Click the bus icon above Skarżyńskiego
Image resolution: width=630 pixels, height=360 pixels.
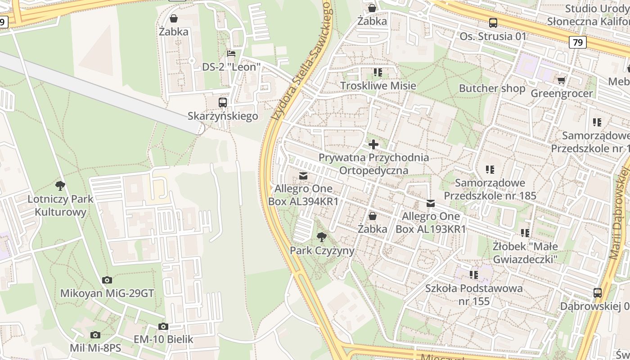pos(223,103)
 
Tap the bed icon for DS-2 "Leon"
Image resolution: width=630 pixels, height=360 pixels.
pos(231,54)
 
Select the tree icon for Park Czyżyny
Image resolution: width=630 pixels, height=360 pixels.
pos(321,237)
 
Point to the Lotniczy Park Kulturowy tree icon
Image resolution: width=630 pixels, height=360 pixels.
pos(60,185)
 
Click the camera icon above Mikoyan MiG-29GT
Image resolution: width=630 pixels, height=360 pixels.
pos(107,280)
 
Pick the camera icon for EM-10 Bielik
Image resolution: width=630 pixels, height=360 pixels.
pos(163,326)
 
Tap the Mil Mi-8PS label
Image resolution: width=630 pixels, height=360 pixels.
pos(95,348)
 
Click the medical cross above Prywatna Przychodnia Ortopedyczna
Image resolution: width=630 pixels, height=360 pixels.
pos(373,144)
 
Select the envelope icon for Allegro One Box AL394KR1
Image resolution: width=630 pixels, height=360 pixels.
pos(303,175)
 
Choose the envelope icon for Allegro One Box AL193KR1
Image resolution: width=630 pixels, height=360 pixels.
pos(431,203)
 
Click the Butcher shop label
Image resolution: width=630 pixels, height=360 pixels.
pos(492,88)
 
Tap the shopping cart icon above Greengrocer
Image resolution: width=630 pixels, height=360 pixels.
pos(561,80)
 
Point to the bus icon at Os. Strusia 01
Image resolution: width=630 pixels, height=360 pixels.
pos(493,23)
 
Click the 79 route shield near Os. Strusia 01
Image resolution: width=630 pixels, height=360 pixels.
pos(578,42)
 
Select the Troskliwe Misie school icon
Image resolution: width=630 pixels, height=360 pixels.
pos(378,72)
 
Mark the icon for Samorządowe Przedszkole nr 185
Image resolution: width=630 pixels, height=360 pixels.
pos(490,170)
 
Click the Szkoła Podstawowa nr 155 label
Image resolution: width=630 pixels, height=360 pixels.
pos(474,294)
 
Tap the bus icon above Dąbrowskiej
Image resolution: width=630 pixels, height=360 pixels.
pos(598,292)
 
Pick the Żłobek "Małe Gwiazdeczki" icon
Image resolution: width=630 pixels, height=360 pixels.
pos(525,233)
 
